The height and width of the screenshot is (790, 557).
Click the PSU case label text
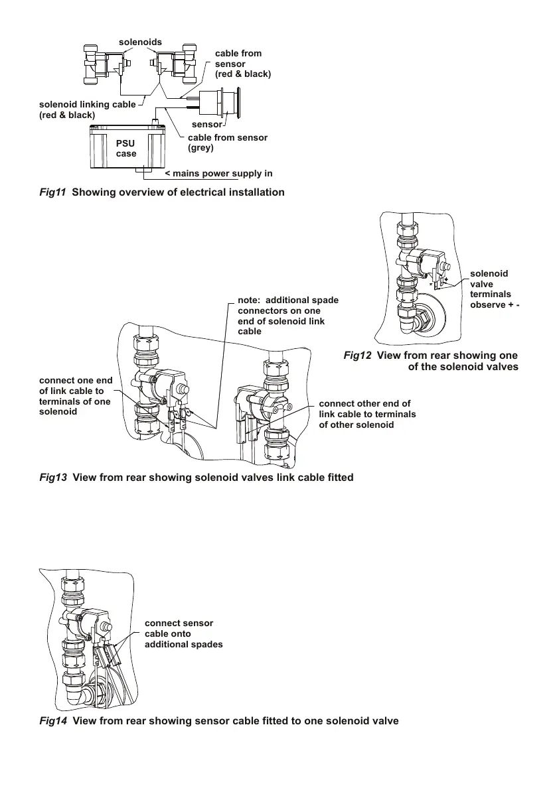tap(126, 149)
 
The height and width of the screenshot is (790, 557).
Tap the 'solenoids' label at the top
tap(140, 42)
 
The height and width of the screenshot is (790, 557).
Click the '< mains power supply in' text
tap(218, 174)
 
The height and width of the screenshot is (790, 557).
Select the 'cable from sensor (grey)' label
tap(228, 142)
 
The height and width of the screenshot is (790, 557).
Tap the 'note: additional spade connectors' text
tap(287, 316)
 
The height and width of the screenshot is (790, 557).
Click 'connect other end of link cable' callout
tap(367, 414)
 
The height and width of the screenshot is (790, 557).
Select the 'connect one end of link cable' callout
tap(76, 396)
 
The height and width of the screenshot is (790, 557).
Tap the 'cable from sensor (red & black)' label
tap(242, 64)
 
